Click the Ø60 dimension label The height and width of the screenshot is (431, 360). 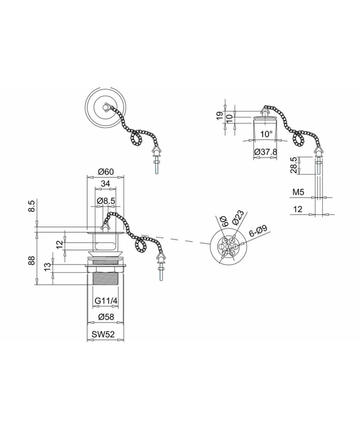pyautogui.click(x=106, y=172)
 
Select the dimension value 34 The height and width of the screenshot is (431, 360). pyautogui.click(x=106, y=183)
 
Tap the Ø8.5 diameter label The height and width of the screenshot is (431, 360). pyautogui.click(x=106, y=201)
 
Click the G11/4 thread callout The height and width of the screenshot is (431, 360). pyautogui.click(x=106, y=301)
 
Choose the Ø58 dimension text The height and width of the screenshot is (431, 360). pyautogui.click(x=106, y=317)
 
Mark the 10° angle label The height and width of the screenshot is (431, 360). pyautogui.click(x=266, y=134)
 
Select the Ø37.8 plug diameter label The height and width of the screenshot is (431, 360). pyautogui.click(x=265, y=152)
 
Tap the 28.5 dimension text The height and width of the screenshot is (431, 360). pyautogui.click(x=293, y=165)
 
